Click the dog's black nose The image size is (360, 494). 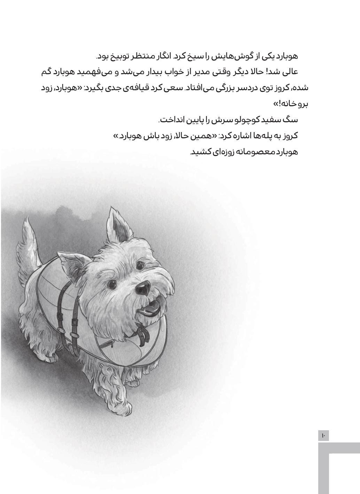click(x=143, y=286)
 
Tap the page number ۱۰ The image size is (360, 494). click(x=323, y=435)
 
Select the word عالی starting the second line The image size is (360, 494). click(x=290, y=72)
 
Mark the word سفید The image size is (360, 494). click(x=271, y=120)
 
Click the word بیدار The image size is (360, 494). click(x=157, y=72)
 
